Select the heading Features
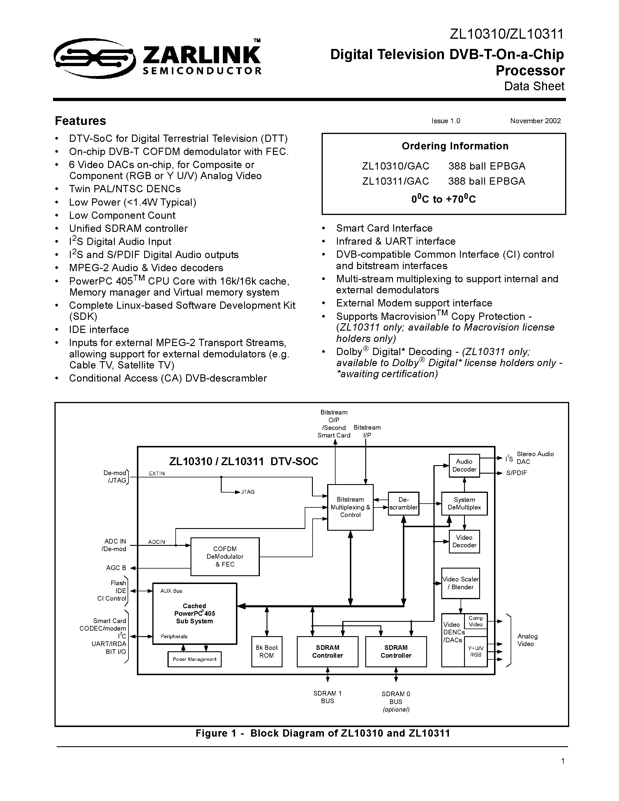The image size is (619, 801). pyautogui.click(x=80, y=121)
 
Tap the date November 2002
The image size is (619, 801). pyautogui.click(x=535, y=121)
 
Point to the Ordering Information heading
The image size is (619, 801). pyautogui.click(x=455, y=146)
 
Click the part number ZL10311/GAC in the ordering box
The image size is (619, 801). pyautogui.click(x=395, y=181)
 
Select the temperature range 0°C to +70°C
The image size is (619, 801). pyautogui.click(x=443, y=199)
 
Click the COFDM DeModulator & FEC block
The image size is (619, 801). pyautogui.click(x=225, y=556)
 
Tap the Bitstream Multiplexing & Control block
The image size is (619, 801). pyautogui.click(x=350, y=507)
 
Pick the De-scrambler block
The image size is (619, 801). pyautogui.click(x=403, y=504)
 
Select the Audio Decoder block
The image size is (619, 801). pyautogui.click(x=464, y=465)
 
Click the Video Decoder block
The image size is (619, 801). pyautogui.click(x=464, y=541)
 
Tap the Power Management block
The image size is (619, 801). pyautogui.click(x=194, y=659)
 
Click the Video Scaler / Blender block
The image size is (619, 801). pyautogui.click(x=461, y=583)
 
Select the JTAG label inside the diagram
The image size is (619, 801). pyautogui.click(x=248, y=492)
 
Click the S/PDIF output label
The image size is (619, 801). pyautogui.click(x=516, y=473)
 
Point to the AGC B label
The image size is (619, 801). pyautogui.click(x=116, y=568)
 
